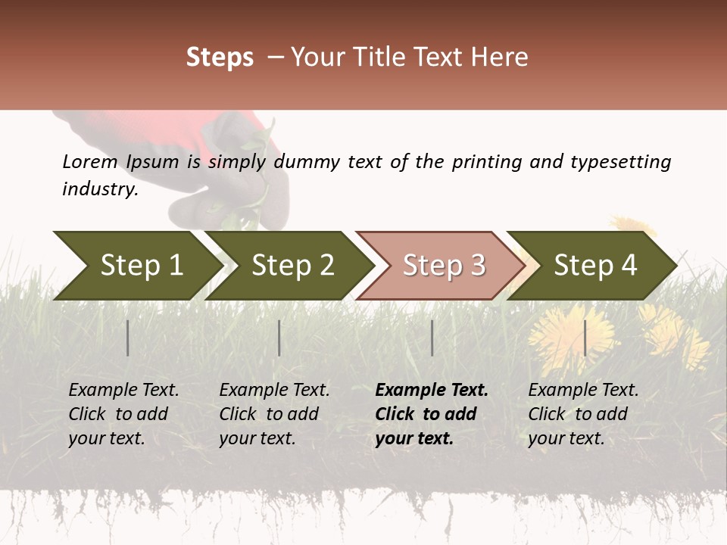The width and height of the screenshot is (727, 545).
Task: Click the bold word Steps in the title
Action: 220,58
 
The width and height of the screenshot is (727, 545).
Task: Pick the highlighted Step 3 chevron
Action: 443,266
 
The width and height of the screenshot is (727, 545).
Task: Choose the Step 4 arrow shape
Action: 594,266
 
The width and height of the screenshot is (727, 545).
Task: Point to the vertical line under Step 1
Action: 128,338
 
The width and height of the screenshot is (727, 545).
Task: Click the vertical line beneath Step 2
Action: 279,338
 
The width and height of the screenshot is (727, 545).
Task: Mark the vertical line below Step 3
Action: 432,338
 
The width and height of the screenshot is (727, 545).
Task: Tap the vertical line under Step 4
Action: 585,338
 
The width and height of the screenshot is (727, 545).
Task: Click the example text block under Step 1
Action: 123,414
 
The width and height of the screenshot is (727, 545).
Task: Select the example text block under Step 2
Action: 273,414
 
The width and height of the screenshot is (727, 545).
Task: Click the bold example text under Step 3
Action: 431,414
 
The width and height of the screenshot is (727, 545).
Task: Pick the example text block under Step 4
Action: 582,414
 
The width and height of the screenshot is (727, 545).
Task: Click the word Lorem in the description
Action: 89,162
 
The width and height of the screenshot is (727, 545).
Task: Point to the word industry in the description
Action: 99,189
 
